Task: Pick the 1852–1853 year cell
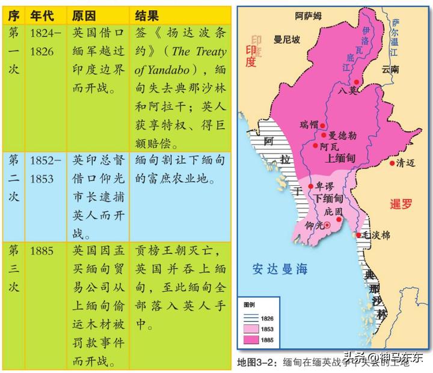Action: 46,170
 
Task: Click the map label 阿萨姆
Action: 308,17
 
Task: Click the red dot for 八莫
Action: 357,82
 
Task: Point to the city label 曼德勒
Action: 342,136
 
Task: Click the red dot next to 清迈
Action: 392,162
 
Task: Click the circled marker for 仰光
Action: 328,226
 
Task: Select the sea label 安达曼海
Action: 280,269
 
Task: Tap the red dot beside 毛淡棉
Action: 359,235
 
